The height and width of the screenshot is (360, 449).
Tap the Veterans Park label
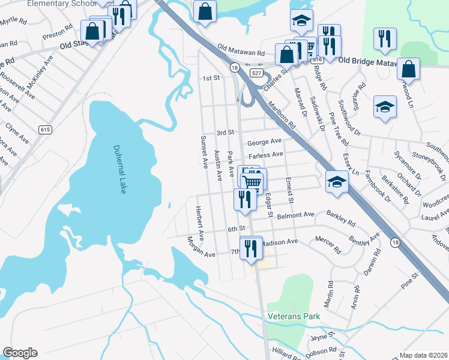point(294,316)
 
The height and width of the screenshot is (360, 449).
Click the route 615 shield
point(45,130)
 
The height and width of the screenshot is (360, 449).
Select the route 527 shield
point(257,73)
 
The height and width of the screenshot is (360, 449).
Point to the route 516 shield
point(318,60)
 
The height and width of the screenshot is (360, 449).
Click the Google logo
point(20,353)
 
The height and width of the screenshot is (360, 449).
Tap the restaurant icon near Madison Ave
point(251,247)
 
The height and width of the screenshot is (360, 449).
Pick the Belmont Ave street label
point(297,214)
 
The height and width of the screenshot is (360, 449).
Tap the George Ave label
point(264,142)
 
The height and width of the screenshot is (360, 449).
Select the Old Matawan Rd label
point(241,50)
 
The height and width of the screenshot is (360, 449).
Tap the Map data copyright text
point(423,355)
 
